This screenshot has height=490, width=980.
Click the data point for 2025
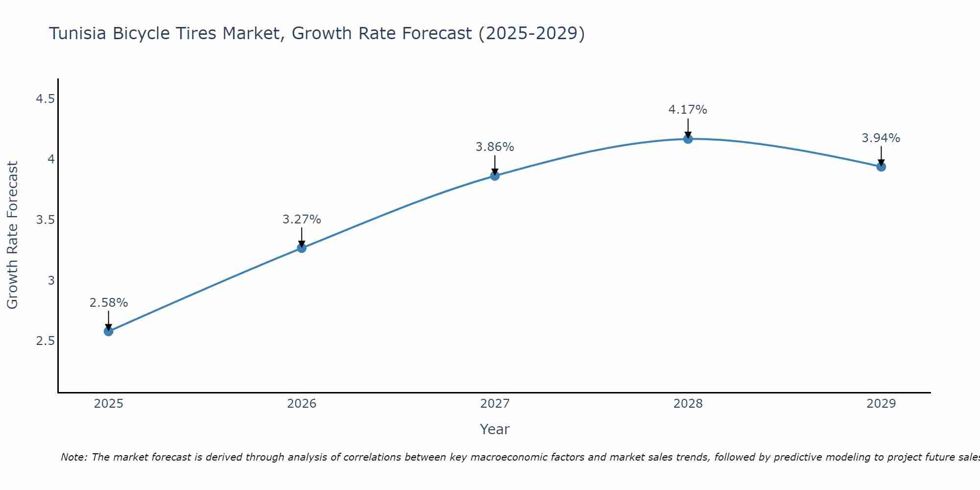[x=108, y=331]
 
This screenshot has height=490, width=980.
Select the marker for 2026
[x=301, y=248]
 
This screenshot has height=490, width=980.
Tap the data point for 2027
[x=495, y=176]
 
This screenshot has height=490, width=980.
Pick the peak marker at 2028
[x=688, y=139]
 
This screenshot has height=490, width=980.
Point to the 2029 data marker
[x=881, y=167]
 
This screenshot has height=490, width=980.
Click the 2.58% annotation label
[x=108, y=303]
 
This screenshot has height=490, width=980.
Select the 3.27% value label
[x=301, y=220]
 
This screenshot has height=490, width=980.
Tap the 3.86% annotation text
[x=495, y=147]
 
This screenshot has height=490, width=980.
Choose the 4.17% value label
[x=688, y=110]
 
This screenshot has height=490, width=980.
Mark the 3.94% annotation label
[x=881, y=138]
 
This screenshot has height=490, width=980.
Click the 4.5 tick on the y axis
[x=45, y=99]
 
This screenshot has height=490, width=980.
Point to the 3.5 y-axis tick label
[x=45, y=220]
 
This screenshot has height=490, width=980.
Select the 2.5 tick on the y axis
[x=45, y=341]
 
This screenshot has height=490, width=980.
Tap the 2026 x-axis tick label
[x=301, y=404]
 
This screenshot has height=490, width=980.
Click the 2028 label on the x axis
[x=688, y=404]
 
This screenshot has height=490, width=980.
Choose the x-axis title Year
[x=494, y=429]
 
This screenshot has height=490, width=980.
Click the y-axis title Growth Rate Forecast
[x=13, y=235]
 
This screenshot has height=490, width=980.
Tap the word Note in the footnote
[x=73, y=457]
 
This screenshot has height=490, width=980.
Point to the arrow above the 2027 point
[x=495, y=165]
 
